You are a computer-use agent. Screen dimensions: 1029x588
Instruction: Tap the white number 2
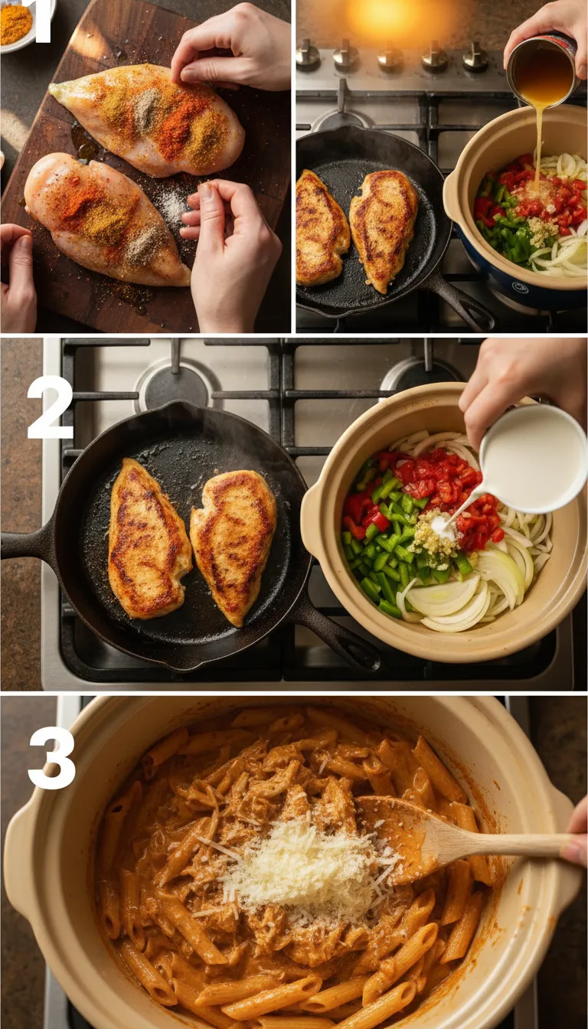click(x=50, y=407)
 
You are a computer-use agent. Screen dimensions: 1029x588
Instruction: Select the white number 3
click(x=51, y=757)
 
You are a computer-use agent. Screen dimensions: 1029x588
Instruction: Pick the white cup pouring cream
click(x=535, y=459)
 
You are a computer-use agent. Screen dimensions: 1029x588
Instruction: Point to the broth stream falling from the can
click(x=539, y=145)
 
